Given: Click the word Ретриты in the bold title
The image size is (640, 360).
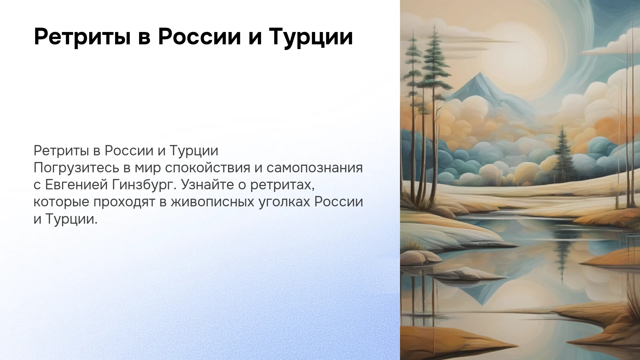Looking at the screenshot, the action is [82, 37].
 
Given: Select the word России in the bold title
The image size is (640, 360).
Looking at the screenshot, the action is [199, 37].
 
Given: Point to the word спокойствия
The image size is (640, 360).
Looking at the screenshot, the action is [207, 168].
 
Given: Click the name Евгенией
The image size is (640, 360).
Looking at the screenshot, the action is [76, 185].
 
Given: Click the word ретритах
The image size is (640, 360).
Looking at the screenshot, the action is [282, 185].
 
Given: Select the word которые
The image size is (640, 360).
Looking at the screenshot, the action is [61, 202].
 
